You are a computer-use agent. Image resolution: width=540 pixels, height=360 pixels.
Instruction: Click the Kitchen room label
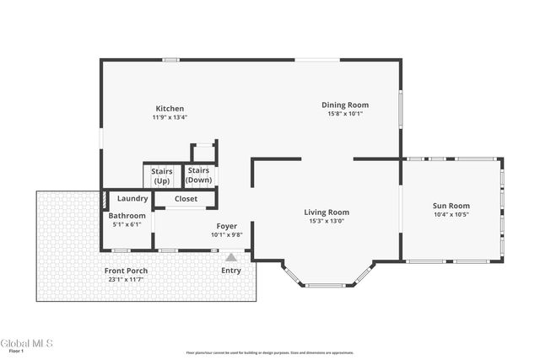click(x=170, y=108)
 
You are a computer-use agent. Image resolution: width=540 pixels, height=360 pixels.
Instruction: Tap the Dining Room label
click(x=345, y=105)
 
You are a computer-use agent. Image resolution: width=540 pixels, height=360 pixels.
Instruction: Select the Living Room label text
click(x=327, y=212)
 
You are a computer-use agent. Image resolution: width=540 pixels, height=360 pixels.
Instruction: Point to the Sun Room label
click(x=451, y=206)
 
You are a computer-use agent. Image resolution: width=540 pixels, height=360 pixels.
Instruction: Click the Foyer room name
click(x=226, y=226)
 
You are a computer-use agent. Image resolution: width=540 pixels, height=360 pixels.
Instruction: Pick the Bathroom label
click(x=127, y=216)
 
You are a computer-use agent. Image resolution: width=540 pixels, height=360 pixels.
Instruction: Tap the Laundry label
click(x=132, y=199)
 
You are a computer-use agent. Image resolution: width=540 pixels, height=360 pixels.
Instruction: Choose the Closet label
click(x=186, y=199)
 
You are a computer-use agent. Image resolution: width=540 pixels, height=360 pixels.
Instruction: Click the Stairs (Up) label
click(x=161, y=175)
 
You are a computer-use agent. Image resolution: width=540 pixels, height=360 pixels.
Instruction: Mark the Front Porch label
click(x=127, y=271)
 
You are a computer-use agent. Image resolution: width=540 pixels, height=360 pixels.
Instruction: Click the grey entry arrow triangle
click(x=230, y=257)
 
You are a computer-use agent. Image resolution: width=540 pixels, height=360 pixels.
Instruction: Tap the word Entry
click(x=230, y=271)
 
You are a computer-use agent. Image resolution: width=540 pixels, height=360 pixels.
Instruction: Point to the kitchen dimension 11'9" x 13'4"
click(x=170, y=117)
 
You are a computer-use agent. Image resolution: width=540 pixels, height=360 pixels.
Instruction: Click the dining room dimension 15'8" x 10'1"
click(x=345, y=114)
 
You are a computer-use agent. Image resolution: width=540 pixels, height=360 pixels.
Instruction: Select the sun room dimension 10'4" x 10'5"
click(x=451, y=215)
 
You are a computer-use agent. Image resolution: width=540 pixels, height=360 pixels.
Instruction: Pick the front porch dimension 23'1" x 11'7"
click(x=127, y=279)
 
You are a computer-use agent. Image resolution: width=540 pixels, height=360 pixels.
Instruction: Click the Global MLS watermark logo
click(x=26, y=343)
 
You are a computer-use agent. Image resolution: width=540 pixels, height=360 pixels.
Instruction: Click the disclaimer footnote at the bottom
click(x=270, y=352)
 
